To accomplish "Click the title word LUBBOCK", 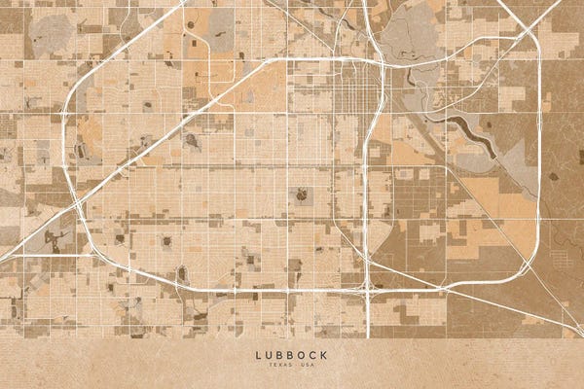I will [x=292, y=355].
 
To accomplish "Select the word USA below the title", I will [x=308, y=366].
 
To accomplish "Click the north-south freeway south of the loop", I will [x=368, y=316].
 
